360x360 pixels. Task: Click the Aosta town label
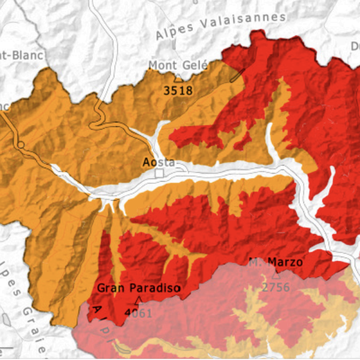(x=159, y=162)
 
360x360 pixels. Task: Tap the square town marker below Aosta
(x=160, y=173)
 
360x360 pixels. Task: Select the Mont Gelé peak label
(x=178, y=65)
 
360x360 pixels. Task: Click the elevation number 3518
(x=178, y=90)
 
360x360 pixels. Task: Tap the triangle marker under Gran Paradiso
(x=139, y=300)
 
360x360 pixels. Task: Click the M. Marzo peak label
(x=276, y=262)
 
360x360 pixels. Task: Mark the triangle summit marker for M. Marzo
(x=276, y=275)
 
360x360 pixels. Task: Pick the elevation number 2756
(x=276, y=287)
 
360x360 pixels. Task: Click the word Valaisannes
(x=244, y=22)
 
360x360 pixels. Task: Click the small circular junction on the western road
(x=21, y=145)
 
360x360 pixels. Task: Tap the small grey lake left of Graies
(x=6, y=319)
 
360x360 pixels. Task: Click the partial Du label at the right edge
(x=355, y=46)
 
